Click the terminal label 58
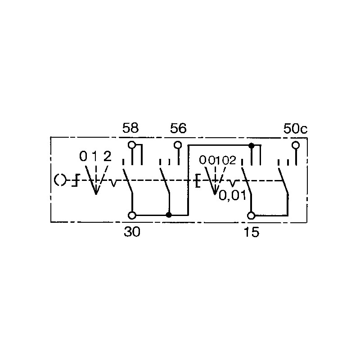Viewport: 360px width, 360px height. pos(130,128)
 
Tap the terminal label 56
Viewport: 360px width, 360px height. pos(178,128)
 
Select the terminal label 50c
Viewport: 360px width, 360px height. pos(295,129)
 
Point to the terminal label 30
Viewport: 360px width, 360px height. pos(132,232)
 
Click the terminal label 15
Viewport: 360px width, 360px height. pos(252,232)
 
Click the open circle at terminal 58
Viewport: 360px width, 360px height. pos(132,145)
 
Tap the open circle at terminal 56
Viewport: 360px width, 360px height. pos(178,145)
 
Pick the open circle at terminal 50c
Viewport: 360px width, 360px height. pos(296,145)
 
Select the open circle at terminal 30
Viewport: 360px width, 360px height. pos(132,216)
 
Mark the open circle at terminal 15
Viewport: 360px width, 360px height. pos(251,216)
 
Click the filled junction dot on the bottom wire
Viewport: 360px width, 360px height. pos(169,215)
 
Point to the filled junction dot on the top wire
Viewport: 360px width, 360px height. pos(252,145)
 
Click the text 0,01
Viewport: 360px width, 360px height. pos(232,195)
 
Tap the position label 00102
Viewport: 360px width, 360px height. pos(217,160)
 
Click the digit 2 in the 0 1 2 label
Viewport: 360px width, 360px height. pos(108,156)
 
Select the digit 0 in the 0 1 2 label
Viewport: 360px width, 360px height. pos(83,156)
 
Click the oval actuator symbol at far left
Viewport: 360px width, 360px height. pos(60,180)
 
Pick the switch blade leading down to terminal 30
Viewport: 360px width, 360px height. pos(128,181)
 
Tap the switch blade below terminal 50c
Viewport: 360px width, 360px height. pos(283,181)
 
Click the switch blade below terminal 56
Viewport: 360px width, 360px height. pos(165,181)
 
